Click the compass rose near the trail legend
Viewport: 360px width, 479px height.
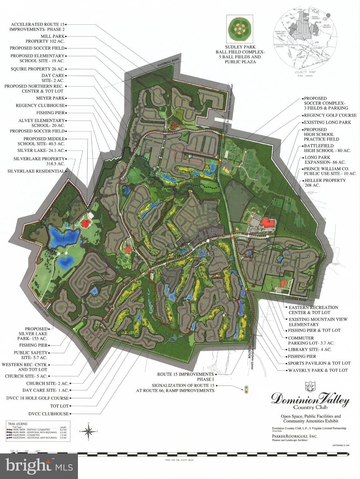click(x=89, y=432)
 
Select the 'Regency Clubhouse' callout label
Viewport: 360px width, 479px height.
click(x=40, y=105)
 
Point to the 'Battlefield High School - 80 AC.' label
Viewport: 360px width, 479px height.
click(x=327, y=148)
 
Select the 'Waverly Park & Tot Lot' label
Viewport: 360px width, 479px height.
click(x=318, y=370)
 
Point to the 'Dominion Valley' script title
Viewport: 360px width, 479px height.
click(x=310, y=400)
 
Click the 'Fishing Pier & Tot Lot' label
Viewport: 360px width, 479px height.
click(x=314, y=330)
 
